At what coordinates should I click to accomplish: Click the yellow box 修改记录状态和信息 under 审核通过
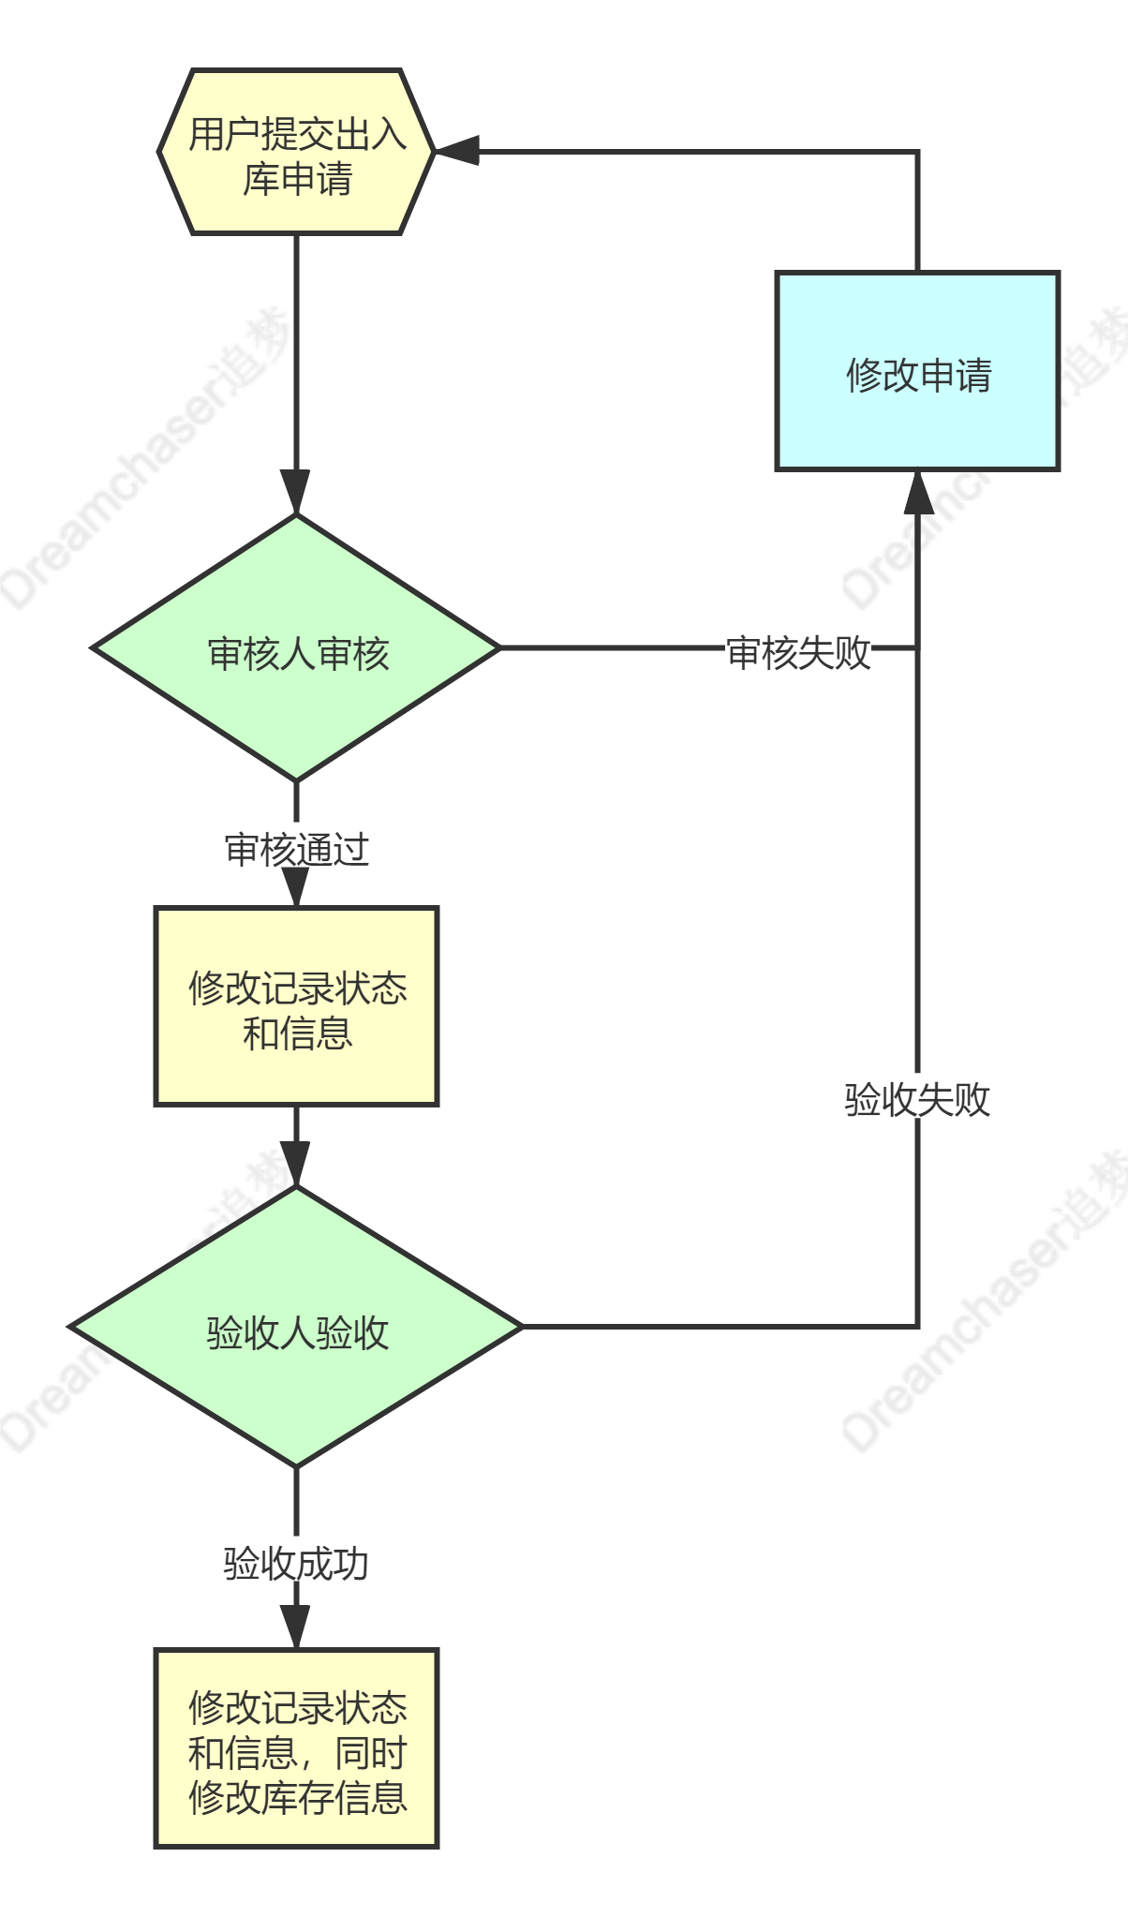(x=296, y=1006)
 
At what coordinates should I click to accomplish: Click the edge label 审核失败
(x=798, y=650)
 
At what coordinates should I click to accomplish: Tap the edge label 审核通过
(x=296, y=848)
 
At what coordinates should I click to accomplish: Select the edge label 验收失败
(x=917, y=1097)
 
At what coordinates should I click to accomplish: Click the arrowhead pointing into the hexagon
(x=457, y=150)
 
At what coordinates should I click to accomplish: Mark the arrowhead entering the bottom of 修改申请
(x=917, y=491)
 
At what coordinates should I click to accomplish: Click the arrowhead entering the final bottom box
(x=296, y=1627)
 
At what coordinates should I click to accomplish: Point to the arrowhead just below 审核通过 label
(x=296, y=886)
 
